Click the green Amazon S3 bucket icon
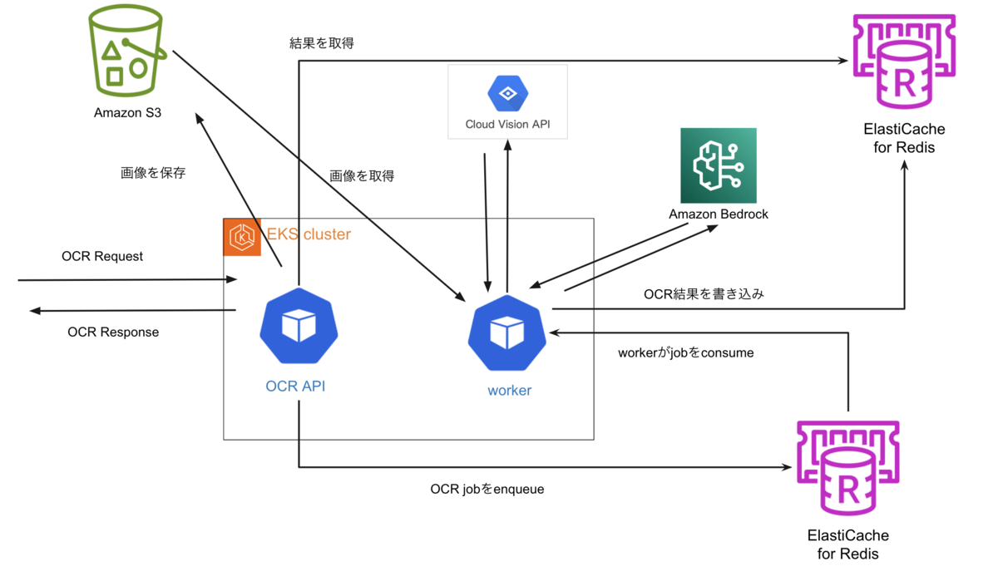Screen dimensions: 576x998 127,52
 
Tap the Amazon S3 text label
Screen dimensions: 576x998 127,112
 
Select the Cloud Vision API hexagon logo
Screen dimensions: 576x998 507,94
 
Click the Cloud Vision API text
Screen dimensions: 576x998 507,126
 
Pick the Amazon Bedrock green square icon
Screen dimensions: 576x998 718,165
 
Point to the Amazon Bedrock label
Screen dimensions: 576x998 718,214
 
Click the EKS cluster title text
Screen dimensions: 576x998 309,234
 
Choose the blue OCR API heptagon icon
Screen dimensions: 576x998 299,326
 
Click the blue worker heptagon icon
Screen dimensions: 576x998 506,332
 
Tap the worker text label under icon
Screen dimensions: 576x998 509,390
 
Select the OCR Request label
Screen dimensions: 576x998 102,256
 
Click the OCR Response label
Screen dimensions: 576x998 113,332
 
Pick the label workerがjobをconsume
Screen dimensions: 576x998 685,352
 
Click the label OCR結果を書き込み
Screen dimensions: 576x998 704,294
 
